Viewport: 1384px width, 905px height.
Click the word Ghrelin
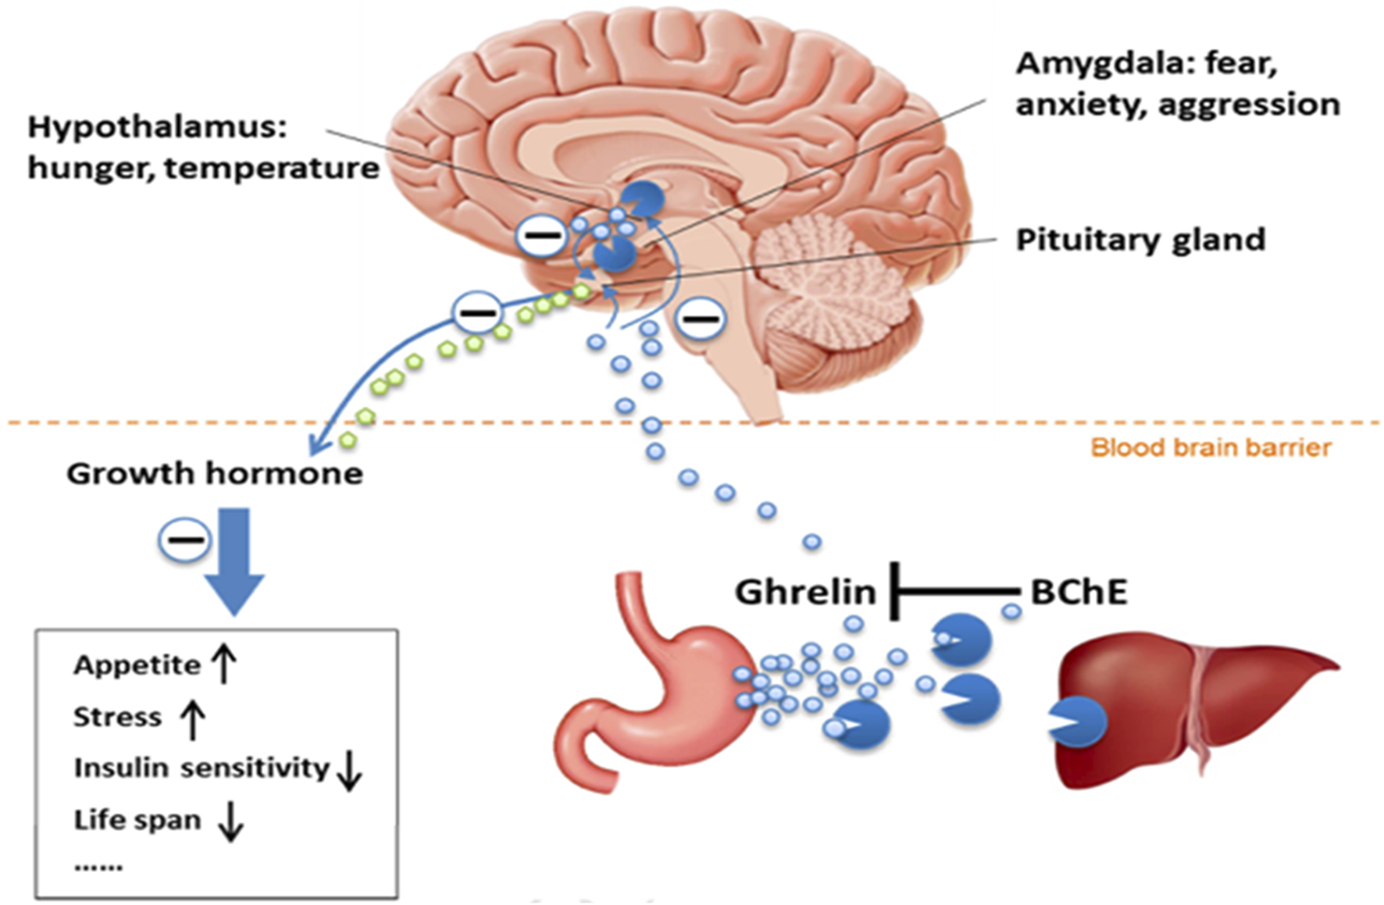pos(804,593)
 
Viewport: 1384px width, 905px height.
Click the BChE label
pos(1079,593)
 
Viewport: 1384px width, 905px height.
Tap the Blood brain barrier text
pos(1211,447)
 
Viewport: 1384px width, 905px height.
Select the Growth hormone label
pos(215,474)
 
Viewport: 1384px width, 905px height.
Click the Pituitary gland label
pos(1140,240)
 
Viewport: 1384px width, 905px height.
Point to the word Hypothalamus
pos(157,127)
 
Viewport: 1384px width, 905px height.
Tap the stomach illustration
pos(656,695)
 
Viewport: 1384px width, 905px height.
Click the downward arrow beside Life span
pos(230,821)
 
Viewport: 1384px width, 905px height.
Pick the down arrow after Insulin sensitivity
pos(349,770)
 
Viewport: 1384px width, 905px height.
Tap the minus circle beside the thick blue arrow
pos(185,540)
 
